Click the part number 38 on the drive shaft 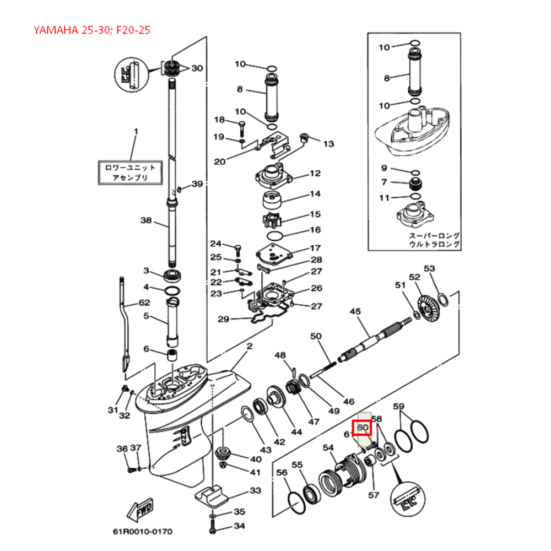pos(145,220)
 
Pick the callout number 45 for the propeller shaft pos(355,311)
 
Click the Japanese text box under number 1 pos(130,172)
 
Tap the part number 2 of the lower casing pos(249,346)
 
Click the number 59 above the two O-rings pos(399,407)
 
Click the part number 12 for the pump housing pos(315,174)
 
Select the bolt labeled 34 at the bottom pos(213,528)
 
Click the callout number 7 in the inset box pos(385,182)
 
